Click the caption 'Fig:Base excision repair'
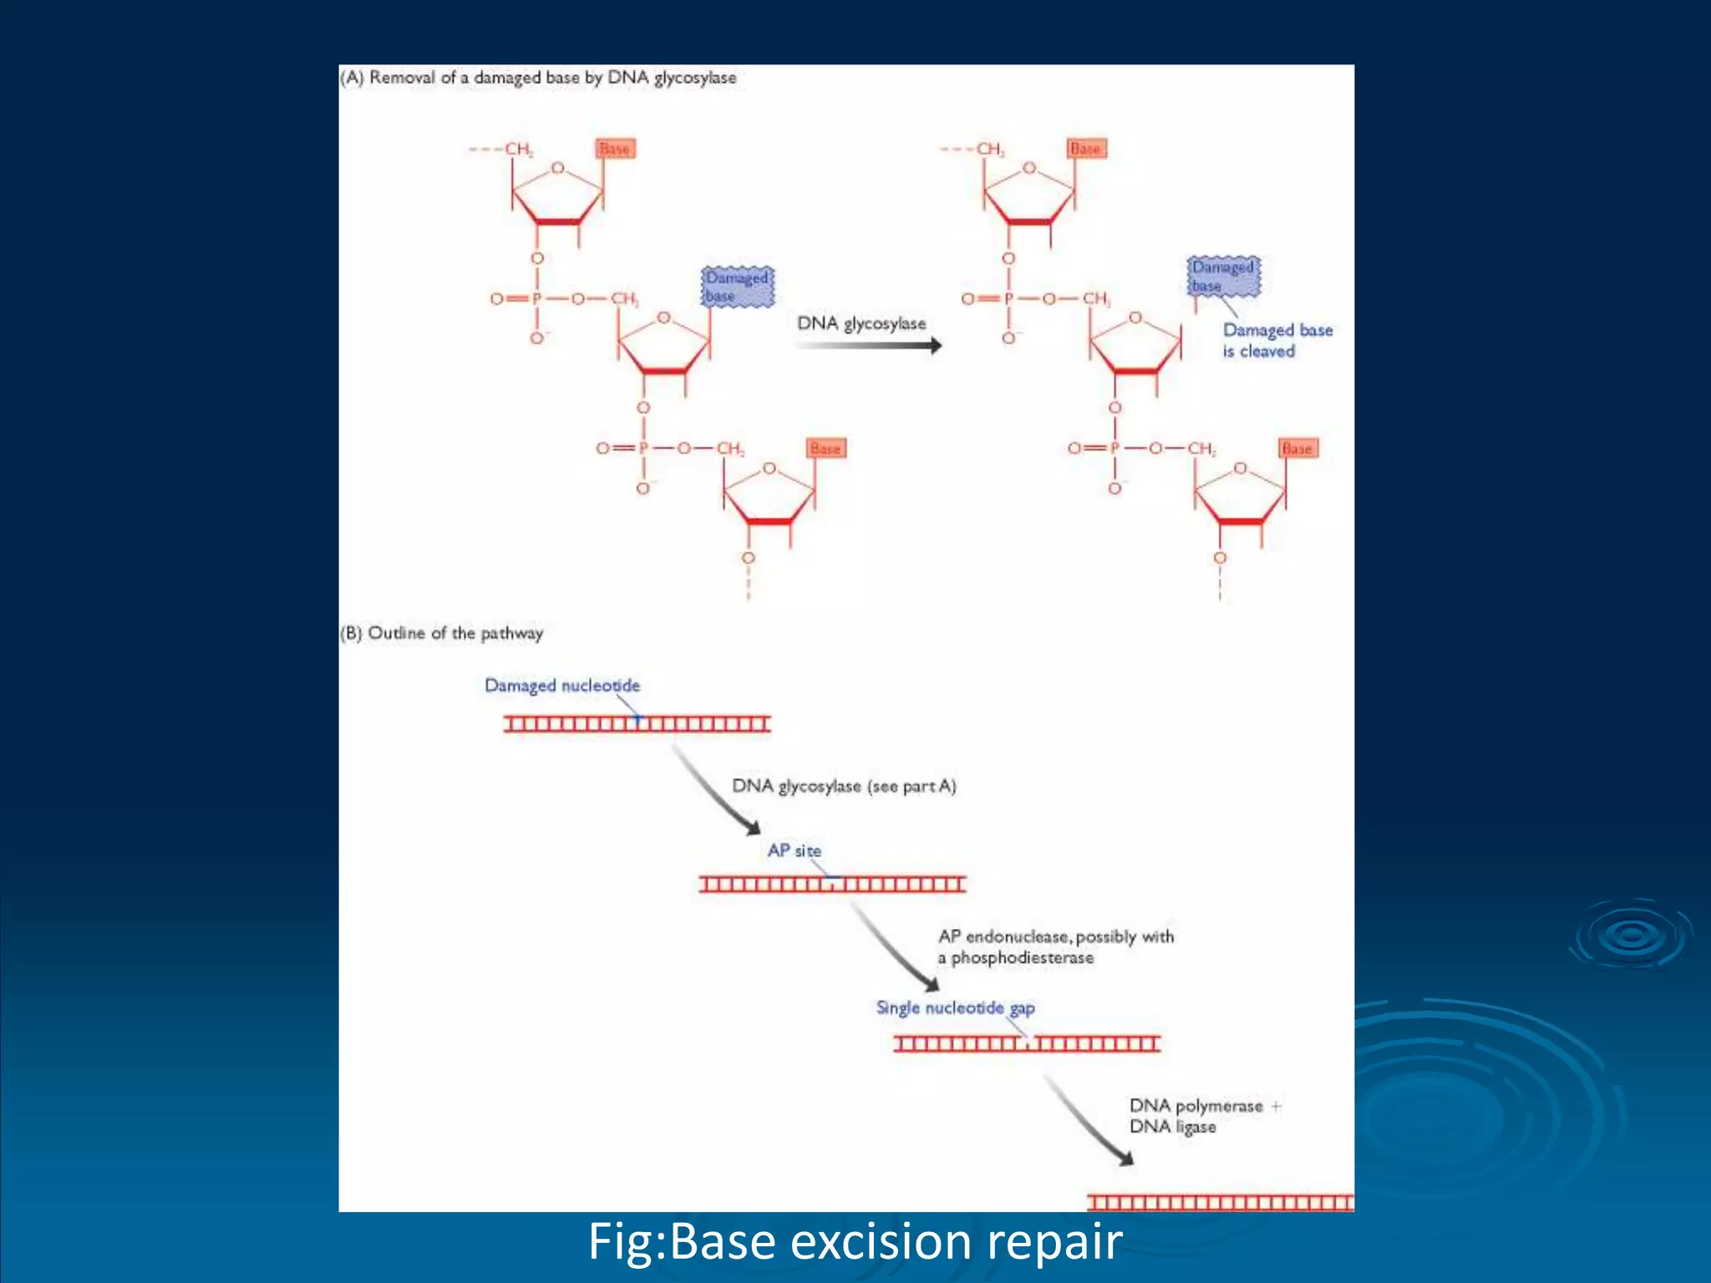tap(855, 1241)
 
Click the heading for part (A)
tap(538, 78)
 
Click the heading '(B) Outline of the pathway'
tap(442, 633)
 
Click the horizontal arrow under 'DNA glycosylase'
tap(869, 345)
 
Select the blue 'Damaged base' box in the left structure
tap(737, 287)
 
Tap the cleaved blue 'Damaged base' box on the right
tap(1224, 276)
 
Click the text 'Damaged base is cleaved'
tap(1276, 341)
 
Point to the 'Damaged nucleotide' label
tap(562, 686)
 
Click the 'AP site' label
tap(794, 850)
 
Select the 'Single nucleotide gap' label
tap(955, 1008)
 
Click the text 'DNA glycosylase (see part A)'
tap(844, 786)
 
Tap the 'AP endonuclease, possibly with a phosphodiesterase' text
tap(1055, 947)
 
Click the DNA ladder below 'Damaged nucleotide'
tap(637, 723)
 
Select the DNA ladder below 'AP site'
tap(832, 884)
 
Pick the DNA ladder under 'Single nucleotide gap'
tap(1027, 1043)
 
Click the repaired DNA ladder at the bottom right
tap(1220, 1203)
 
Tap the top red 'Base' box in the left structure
tap(616, 149)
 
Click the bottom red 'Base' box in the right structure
tap(1297, 449)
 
